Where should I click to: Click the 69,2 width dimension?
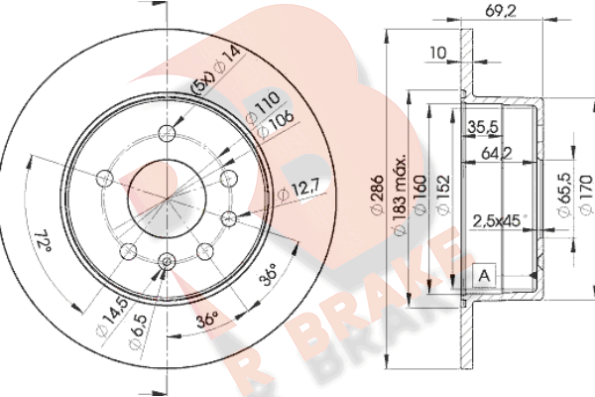click(x=501, y=11)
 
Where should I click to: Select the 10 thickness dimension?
click(x=438, y=53)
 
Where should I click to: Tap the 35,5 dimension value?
click(x=482, y=127)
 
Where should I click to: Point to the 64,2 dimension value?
click(x=497, y=154)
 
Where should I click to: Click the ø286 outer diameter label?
click(x=377, y=195)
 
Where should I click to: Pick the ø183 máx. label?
click(x=400, y=196)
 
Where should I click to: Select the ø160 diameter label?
click(x=420, y=195)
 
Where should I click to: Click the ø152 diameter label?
click(x=443, y=195)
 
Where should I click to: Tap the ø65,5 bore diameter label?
click(x=564, y=195)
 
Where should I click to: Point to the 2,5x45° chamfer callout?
click(x=500, y=221)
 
